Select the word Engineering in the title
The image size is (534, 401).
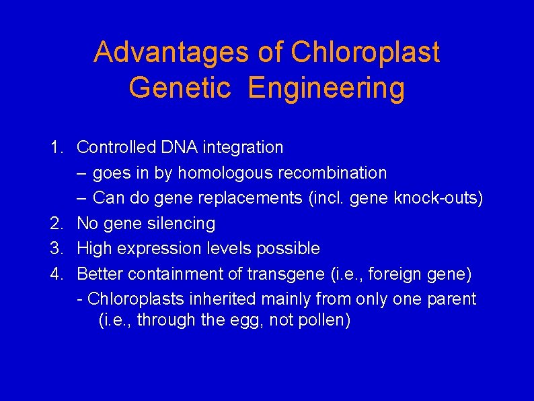[326, 88]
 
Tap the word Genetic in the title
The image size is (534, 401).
[180, 88]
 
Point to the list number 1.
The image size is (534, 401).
[56, 147]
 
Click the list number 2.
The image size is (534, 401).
[56, 223]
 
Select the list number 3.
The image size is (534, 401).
[56, 249]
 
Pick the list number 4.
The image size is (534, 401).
[56, 274]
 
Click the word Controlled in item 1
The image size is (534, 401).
[116, 147]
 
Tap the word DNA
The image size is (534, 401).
[178, 147]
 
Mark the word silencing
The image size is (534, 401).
[182, 223]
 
